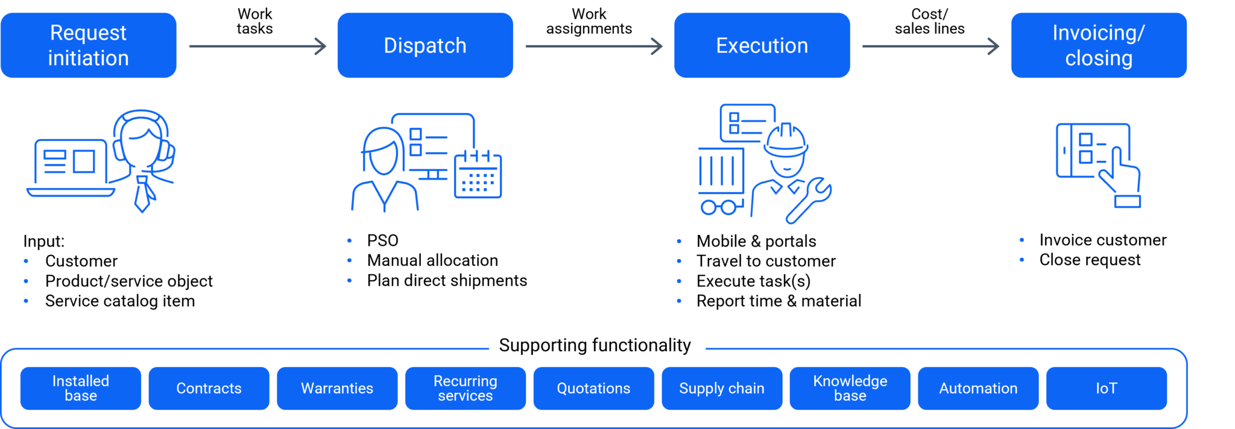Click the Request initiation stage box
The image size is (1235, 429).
click(88, 45)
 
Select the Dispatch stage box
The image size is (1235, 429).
click(425, 45)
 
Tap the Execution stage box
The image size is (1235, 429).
click(762, 45)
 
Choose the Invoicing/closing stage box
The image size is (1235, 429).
click(1099, 45)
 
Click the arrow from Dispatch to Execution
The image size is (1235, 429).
click(594, 46)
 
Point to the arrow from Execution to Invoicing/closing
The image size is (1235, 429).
click(930, 46)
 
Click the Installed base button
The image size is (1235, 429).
click(81, 388)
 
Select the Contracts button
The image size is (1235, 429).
click(209, 388)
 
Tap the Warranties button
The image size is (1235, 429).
click(337, 388)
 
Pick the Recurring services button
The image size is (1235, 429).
click(465, 388)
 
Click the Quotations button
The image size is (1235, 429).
click(593, 388)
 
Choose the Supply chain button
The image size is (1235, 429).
click(722, 388)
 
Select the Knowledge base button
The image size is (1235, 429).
click(850, 388)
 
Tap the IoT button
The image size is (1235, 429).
click(1106, 388)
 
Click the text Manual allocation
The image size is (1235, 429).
click(432, 260)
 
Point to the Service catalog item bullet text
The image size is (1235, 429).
click(120, 301)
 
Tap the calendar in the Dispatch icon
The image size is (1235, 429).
click(478, 175)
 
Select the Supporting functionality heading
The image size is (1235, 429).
click(595, 345)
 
